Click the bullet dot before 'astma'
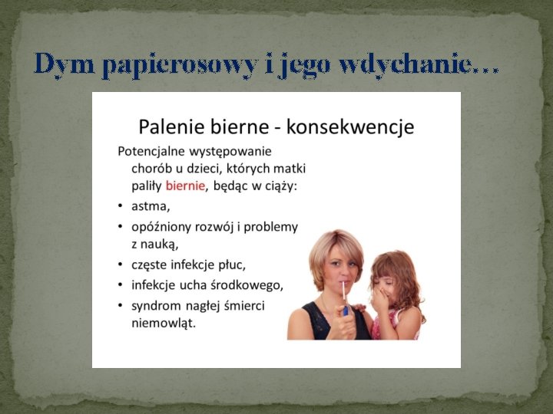(x=121, y=207)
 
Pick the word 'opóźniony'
(x=162, y=227)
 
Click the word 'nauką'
(x=161, y=245)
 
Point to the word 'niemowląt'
(x=163, y=323)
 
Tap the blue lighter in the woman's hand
(x=346, y=310)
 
